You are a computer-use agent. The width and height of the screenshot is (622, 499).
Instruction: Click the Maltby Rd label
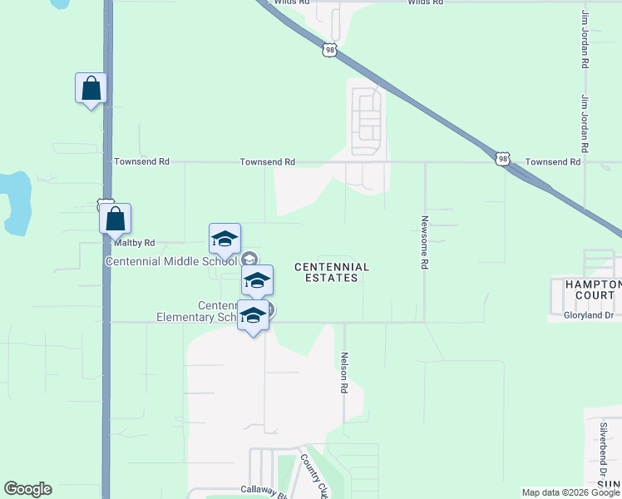[134, 243]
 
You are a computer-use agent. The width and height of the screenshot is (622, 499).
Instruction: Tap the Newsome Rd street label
[424, 242]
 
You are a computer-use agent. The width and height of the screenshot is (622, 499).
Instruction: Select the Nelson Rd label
[343, 372]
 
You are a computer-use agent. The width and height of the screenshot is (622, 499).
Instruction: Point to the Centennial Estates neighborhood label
[332, 272]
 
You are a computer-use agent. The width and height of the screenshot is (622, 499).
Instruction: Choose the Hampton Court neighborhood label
[586, 289]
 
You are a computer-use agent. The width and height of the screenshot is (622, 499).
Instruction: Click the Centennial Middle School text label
[171, 260]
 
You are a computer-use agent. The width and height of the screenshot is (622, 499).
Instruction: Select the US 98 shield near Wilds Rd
[330, 51]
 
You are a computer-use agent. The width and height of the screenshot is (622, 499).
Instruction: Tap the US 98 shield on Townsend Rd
[502, 159]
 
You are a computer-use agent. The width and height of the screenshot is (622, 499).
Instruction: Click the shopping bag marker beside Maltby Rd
[116, 220]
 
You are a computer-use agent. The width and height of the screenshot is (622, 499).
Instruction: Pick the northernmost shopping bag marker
[91, 88]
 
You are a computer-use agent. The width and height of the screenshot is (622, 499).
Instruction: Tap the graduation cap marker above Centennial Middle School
[225, 239]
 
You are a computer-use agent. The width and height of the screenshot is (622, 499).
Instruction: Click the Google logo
[27, 489]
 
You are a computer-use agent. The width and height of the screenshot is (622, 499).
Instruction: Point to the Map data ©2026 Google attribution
[570, 492]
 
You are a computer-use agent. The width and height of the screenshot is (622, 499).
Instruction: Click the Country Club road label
[312, 476]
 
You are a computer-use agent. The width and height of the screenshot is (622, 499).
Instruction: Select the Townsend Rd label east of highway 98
[553, 162]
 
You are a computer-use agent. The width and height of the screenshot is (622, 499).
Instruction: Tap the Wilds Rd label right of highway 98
[425, 3]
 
